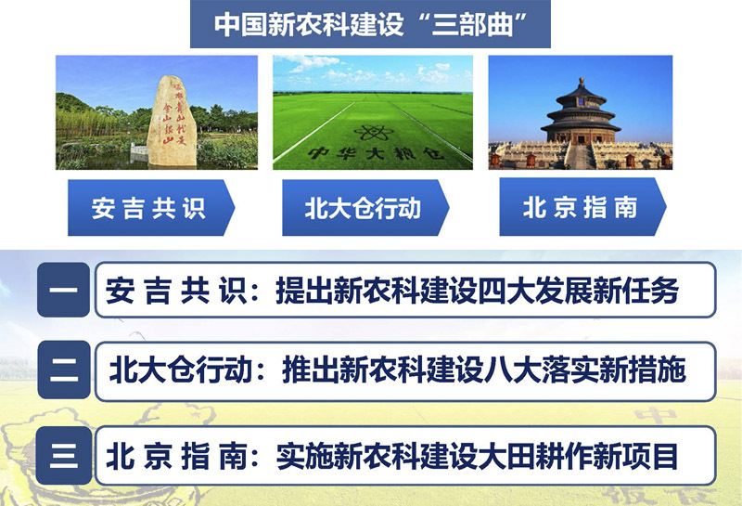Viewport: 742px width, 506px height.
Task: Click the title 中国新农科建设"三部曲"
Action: pyautogui.click(x=370, y=24)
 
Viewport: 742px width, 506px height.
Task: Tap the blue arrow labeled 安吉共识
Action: pyautogui.click(x=151, y=208)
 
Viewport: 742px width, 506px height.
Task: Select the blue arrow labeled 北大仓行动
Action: pyautogui.click(x=365, y=208)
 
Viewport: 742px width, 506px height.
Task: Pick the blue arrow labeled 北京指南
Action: pyautogui.click(x=582, y=206)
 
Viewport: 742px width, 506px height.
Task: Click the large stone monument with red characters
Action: pyautogui.click(x=172, y=122)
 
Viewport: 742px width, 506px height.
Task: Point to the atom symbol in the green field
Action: pyautogui.click(x=374, y=132)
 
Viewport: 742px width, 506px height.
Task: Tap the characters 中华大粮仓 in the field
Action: pyautogui.click(x=377, y=153)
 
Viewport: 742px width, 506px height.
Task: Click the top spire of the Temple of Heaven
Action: pyautogui.click(x=582, y=82)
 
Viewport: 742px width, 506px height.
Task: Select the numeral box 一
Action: pyautogui.click(x=63, y=290)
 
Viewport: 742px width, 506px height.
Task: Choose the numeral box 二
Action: pyautogui.click(x=63, y=370)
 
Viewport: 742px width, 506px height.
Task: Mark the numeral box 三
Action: pyautogui.click(x=63, y=455)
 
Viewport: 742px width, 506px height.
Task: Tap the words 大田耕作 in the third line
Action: pyautogui.click(x=534, y=456)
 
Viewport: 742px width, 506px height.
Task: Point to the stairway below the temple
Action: pyautogui.click(x=581, y=156)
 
